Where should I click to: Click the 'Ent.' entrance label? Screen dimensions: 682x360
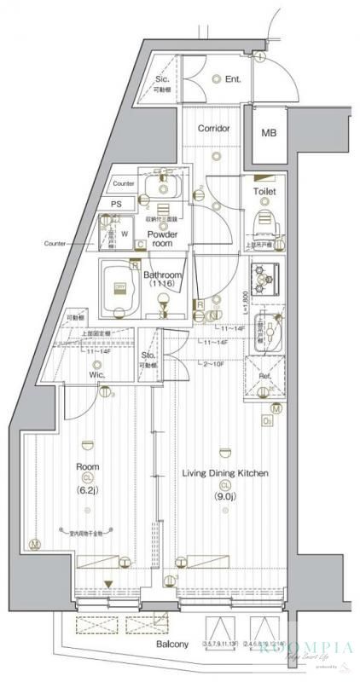[x=234, y=79]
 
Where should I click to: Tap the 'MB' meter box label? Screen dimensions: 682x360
[x=269, y=133]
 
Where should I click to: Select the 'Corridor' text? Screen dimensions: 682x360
[x=214, y=129]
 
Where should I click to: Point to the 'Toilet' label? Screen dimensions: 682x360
[x=264, y=192]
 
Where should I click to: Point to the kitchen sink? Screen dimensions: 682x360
[x=265, y=329]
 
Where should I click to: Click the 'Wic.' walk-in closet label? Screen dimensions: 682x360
[x=96, y=373]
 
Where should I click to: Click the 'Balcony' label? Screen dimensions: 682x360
[x=172, y=644]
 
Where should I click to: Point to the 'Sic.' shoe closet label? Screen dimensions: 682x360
[x=162, y=80]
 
